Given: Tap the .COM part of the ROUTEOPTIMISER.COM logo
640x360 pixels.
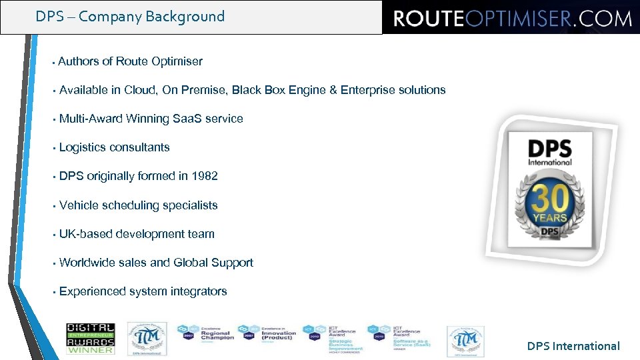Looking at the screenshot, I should tap(603, 18).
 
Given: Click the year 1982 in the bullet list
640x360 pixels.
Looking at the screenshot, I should tap(204, 176).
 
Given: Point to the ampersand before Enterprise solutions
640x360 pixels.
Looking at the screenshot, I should tap(333, 90).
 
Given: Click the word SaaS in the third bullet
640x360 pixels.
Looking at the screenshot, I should tap(187, 119).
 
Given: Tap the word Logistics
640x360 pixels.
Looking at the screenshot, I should tap(83, 147).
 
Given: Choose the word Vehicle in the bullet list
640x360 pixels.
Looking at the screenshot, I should tap(81, 205).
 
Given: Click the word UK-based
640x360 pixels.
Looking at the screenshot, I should tap(86, 234).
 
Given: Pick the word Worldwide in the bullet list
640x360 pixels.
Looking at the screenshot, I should tap(87, 263).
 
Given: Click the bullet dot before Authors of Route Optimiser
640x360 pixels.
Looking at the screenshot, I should tap(52, 62).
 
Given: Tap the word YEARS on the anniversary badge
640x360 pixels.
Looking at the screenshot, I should tap(550, 217).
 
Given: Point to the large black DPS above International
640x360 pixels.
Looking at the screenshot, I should tap(550, 148).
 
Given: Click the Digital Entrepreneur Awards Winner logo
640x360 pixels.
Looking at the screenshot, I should tap(90, 338).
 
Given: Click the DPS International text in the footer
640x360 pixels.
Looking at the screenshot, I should tap(573, 346).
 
